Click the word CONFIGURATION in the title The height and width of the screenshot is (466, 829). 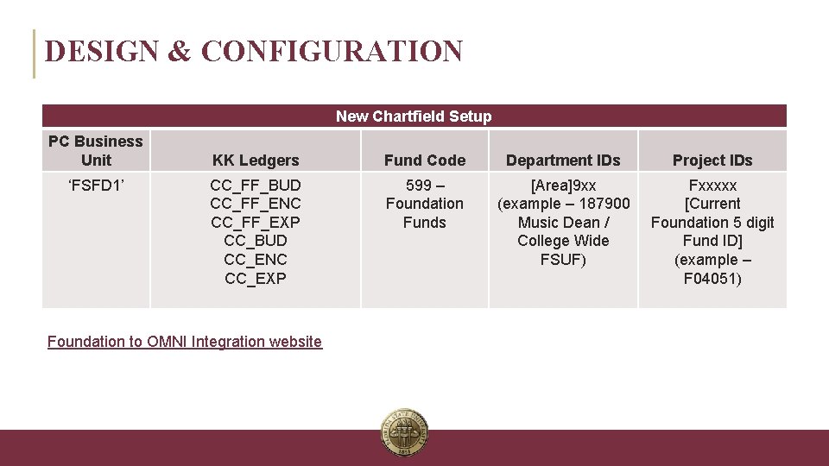pos(332,52)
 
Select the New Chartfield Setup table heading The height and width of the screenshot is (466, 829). pos(414,116)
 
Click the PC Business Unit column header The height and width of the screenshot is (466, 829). pos(96,150)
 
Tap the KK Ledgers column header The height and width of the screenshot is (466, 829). pos(256,161)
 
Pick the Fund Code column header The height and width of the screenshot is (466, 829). pos(425,161)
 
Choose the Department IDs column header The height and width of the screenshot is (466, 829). pos(563,161)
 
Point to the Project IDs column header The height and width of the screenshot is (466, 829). pos(712,161)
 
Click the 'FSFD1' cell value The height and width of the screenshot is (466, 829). pos(96,186)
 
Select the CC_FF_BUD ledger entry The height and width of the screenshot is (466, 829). pos(256,186)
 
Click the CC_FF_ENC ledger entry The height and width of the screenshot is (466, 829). pos(256,204)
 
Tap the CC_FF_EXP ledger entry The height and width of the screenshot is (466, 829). pos(256,223)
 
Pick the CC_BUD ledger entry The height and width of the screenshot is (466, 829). pos(256,241)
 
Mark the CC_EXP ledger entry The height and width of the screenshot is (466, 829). pos(256,278)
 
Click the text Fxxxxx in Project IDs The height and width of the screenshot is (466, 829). pos(712,186)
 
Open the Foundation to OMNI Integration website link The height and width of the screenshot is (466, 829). pos(185,342)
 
